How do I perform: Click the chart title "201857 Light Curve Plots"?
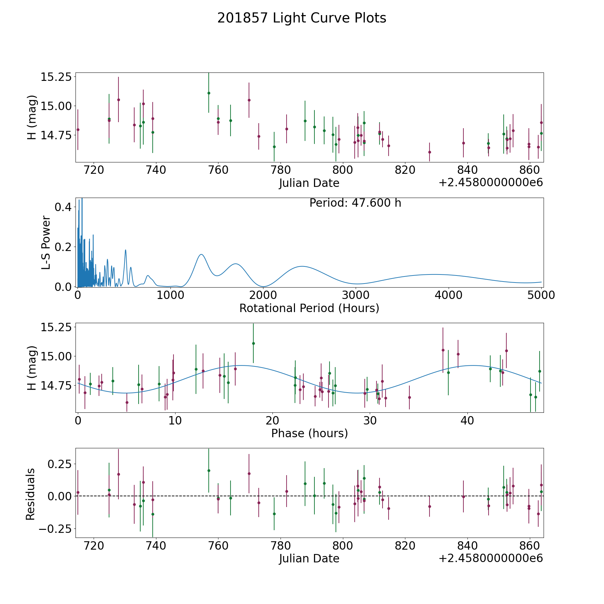coord(302,18)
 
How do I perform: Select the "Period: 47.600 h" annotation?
coord(355,203)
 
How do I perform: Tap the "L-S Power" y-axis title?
coord(46,242)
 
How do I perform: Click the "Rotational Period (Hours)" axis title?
coord(309,308)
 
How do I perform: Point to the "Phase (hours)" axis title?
coord(309,433)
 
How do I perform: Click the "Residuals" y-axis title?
coord(31,494)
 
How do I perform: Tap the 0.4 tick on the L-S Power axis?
coord(63,207)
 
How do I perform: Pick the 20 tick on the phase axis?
coord(272,420)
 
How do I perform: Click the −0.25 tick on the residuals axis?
coord(56,528)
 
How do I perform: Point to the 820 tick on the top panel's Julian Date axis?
coord(405,170)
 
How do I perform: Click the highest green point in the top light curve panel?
coord(209,93)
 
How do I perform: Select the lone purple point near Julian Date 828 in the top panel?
coord(430,152)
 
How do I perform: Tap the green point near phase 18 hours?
coord(253,343)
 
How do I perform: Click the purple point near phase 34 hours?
coord(409,397)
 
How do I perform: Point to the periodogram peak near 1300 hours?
coord(201,254)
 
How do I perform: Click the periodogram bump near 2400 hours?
coord(302,266)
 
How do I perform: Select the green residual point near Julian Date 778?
coord(274,514)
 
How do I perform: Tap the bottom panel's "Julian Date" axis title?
coord(309,558)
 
